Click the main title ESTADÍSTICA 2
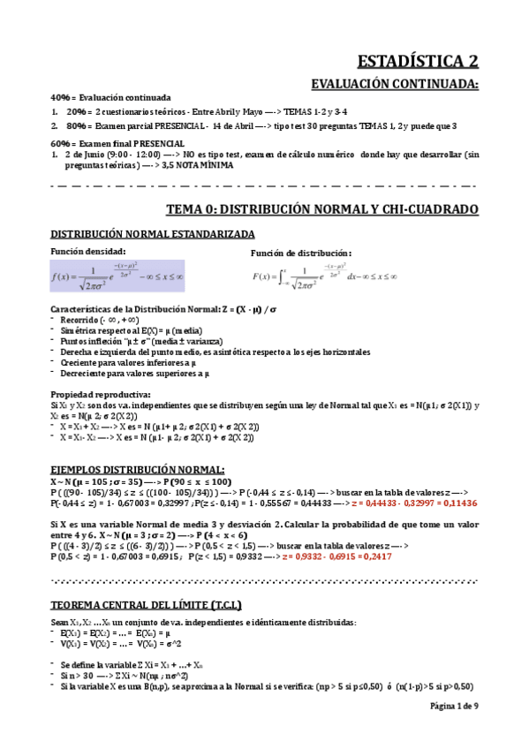click(x=418, y=61)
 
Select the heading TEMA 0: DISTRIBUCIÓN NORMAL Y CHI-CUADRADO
click(x=322, y=209)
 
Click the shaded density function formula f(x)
click(x=117, y=277)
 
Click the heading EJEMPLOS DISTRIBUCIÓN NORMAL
click(x=137, y=469)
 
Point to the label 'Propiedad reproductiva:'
click(x=101, y=394)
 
